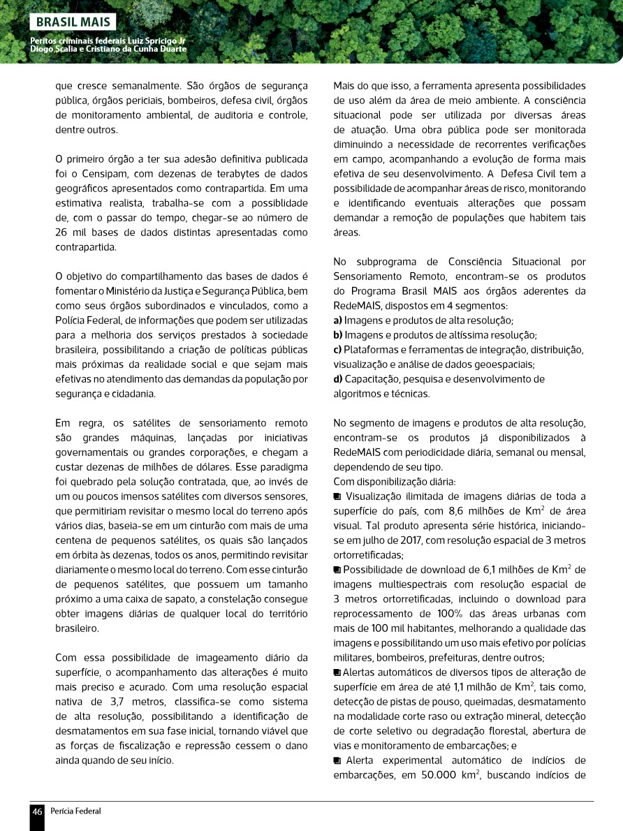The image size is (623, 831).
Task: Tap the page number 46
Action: click(37, 811)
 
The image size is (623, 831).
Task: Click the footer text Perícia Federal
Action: click(75, 811)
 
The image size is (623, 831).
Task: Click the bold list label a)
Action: click(337, 321)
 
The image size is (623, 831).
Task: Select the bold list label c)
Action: click(337, 350)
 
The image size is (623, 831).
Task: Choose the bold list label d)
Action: click(338, 379)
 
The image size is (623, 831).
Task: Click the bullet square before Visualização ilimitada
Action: click(337, 497)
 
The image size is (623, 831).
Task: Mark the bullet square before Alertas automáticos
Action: click(337, 672)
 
